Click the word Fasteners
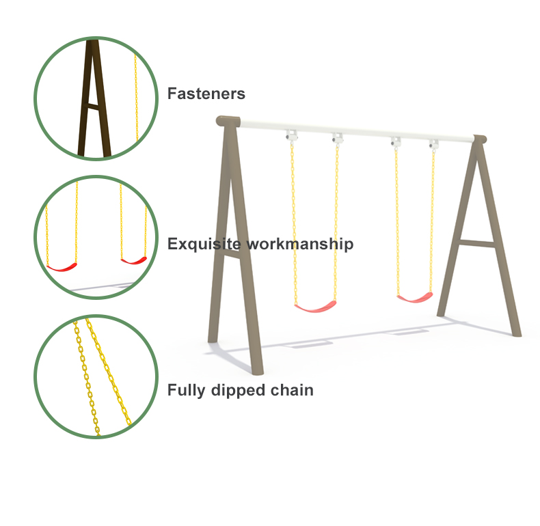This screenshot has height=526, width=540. pos(206,94)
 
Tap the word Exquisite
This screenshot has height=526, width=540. pos(204,244)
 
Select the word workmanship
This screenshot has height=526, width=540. pos(300,244)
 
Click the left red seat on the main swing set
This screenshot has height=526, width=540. pos(316,306)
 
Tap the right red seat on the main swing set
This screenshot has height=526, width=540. pos(415,297)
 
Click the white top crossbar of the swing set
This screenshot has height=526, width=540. pos(356,131)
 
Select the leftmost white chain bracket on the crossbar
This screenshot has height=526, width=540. pos(291,135)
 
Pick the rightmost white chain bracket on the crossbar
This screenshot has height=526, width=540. pos(433,143)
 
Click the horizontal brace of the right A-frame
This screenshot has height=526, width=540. pos(477,243)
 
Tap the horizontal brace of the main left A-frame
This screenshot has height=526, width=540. pos(231,253)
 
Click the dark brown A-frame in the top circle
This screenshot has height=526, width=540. pos(94,98)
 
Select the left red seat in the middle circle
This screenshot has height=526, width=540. pos(62,267)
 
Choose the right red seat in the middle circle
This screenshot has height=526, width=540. pos(134,260)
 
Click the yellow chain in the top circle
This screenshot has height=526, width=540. pos(136,97)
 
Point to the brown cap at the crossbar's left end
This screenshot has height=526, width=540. pos(228,121)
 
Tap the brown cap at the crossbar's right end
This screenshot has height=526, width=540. pos(480,139)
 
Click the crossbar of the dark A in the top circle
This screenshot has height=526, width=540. pos(93,107)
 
